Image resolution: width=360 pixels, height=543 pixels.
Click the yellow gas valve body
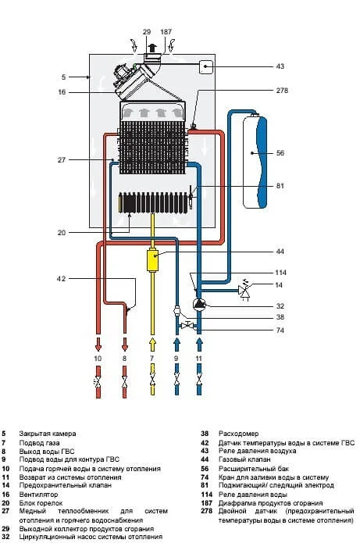[152, 260]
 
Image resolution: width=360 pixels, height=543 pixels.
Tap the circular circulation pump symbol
[199, 304]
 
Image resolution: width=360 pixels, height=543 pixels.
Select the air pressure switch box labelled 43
[206, 66]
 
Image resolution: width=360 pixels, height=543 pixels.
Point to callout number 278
[282, 91]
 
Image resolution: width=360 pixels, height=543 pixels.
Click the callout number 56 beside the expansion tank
[280, 152]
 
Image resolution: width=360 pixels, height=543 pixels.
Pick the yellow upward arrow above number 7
[152, 345]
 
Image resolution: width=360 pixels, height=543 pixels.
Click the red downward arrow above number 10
[98, 344]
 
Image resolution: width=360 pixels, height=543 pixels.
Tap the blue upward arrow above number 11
[199, 345]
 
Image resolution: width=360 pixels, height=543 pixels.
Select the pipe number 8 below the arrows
[125, 359]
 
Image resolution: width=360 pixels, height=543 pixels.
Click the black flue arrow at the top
[151, 48]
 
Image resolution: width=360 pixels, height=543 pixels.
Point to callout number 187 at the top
[166, 32]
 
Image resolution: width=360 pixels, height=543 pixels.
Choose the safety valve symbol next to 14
[244, 291]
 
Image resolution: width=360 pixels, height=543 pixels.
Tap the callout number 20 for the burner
[61, 233]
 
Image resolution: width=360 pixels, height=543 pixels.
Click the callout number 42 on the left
[61, 279]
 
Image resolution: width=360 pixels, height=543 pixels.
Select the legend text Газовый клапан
[244, 459]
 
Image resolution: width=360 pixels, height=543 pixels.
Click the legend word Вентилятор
[38, 495]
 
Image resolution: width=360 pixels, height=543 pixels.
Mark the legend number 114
[206, 495]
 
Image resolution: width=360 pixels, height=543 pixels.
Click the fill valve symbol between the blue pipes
[187, 326]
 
